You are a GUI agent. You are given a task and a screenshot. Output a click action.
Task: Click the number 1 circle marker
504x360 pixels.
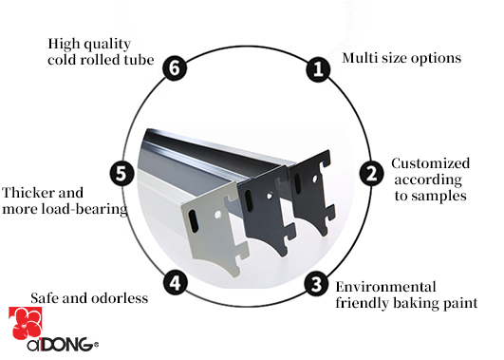pos(318,69)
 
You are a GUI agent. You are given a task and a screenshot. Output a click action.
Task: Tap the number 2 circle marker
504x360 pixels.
pos(371,174)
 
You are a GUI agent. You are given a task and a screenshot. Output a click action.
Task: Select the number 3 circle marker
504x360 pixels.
pos(317,284)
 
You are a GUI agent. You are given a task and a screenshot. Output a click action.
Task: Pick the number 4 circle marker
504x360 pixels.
pos(176,283)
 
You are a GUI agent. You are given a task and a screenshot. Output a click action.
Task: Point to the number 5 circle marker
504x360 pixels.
pos(121,174)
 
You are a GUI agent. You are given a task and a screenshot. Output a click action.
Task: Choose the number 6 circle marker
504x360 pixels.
pos(175,67)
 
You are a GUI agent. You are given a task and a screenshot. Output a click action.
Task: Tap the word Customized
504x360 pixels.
pos(430,163)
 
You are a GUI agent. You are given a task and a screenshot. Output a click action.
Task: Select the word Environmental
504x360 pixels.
pos(385,287)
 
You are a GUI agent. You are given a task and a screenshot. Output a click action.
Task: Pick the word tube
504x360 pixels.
pos(140,60)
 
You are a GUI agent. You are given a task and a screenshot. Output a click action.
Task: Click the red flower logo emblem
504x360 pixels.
pos(26,324)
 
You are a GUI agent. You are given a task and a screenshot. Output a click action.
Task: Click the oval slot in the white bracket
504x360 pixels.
pos(194,221)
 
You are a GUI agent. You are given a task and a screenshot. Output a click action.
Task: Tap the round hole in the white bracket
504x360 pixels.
pos(218,214)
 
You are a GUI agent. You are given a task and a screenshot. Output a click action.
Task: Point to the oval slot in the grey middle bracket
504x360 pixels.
pos(249,200)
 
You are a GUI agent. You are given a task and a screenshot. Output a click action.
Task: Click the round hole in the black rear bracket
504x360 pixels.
pos(315,178)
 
